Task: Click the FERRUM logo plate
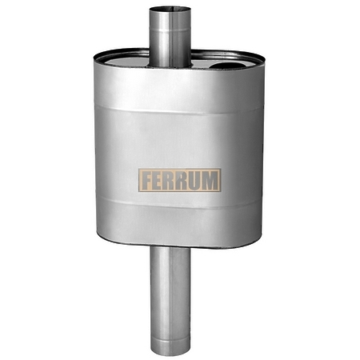click(180, 180)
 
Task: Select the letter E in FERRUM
click(158, 180)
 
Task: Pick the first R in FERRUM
click(170, 180)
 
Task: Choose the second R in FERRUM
click(182, 180)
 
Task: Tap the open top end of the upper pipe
click(170, 10)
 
